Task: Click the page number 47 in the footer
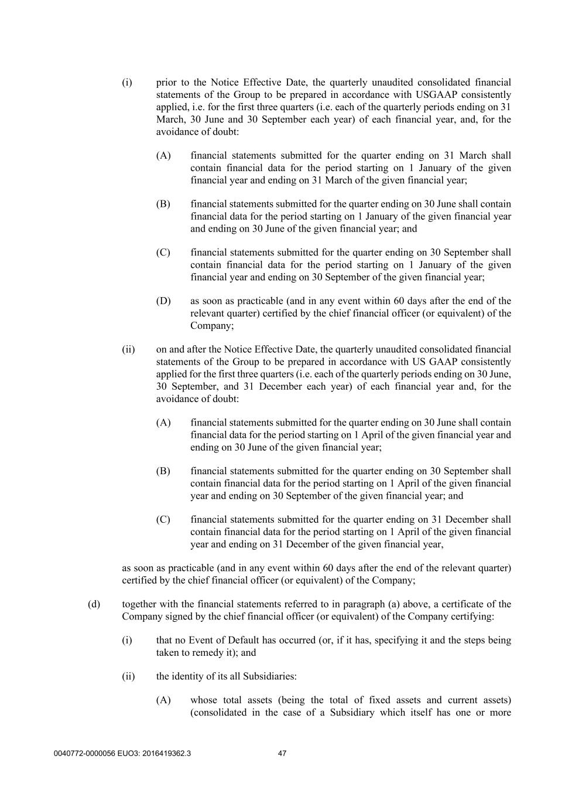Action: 282,754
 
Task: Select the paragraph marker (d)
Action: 94,604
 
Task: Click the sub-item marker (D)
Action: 163,301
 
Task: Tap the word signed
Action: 178,617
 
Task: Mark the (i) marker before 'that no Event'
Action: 127,641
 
